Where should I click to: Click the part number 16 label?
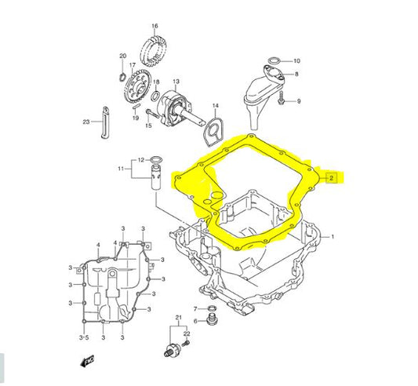154,26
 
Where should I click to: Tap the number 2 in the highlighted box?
331,177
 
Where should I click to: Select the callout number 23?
86,122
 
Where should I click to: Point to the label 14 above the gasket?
216,106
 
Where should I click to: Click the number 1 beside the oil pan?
333,236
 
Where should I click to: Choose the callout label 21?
179,318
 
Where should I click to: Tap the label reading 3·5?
84,337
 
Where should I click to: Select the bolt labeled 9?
281,98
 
